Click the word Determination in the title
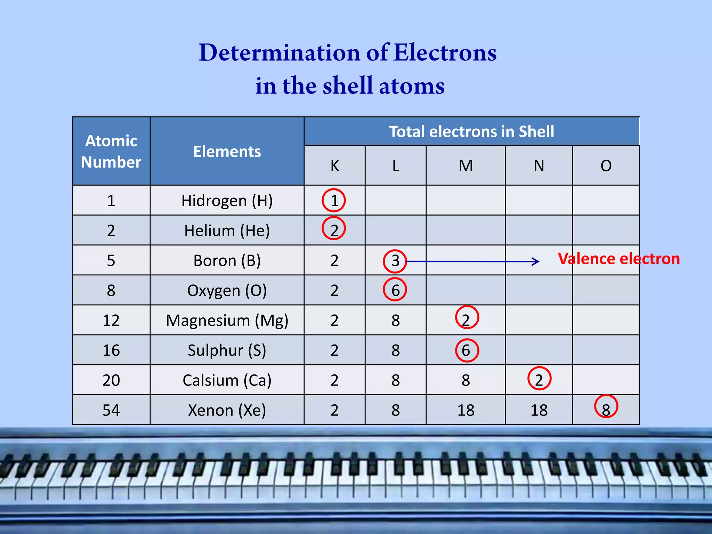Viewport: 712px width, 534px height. (x=279, y=53)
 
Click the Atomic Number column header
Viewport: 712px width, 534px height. (x=111, y=151)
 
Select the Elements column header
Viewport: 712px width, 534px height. (x=227, y=152)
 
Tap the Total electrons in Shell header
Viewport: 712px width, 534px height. (x=471, y=131)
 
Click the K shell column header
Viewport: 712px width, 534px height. (x=334, y=166)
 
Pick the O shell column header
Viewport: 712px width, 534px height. (x=606, y=166)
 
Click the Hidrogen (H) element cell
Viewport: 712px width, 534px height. (x=227, y=201)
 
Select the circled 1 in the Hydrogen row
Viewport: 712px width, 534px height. (x=334, y=200)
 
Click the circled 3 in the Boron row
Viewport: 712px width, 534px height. (x=395, y=261)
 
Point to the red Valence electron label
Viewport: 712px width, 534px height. (x=619, y=259)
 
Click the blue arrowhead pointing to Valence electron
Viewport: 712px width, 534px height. (x=536, y=261)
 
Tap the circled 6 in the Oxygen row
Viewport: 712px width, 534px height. (x=395, y=290)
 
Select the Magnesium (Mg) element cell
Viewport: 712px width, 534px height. (x=227, y=320)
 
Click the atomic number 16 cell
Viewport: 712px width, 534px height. (x=111, y=350)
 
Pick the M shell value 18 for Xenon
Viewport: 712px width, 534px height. (x=466, y=410)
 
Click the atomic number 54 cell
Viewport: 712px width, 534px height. (x=111, y=410)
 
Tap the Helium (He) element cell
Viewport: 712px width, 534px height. (x=227, y=230)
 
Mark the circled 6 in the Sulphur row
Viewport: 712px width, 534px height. (x=467, y=350)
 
